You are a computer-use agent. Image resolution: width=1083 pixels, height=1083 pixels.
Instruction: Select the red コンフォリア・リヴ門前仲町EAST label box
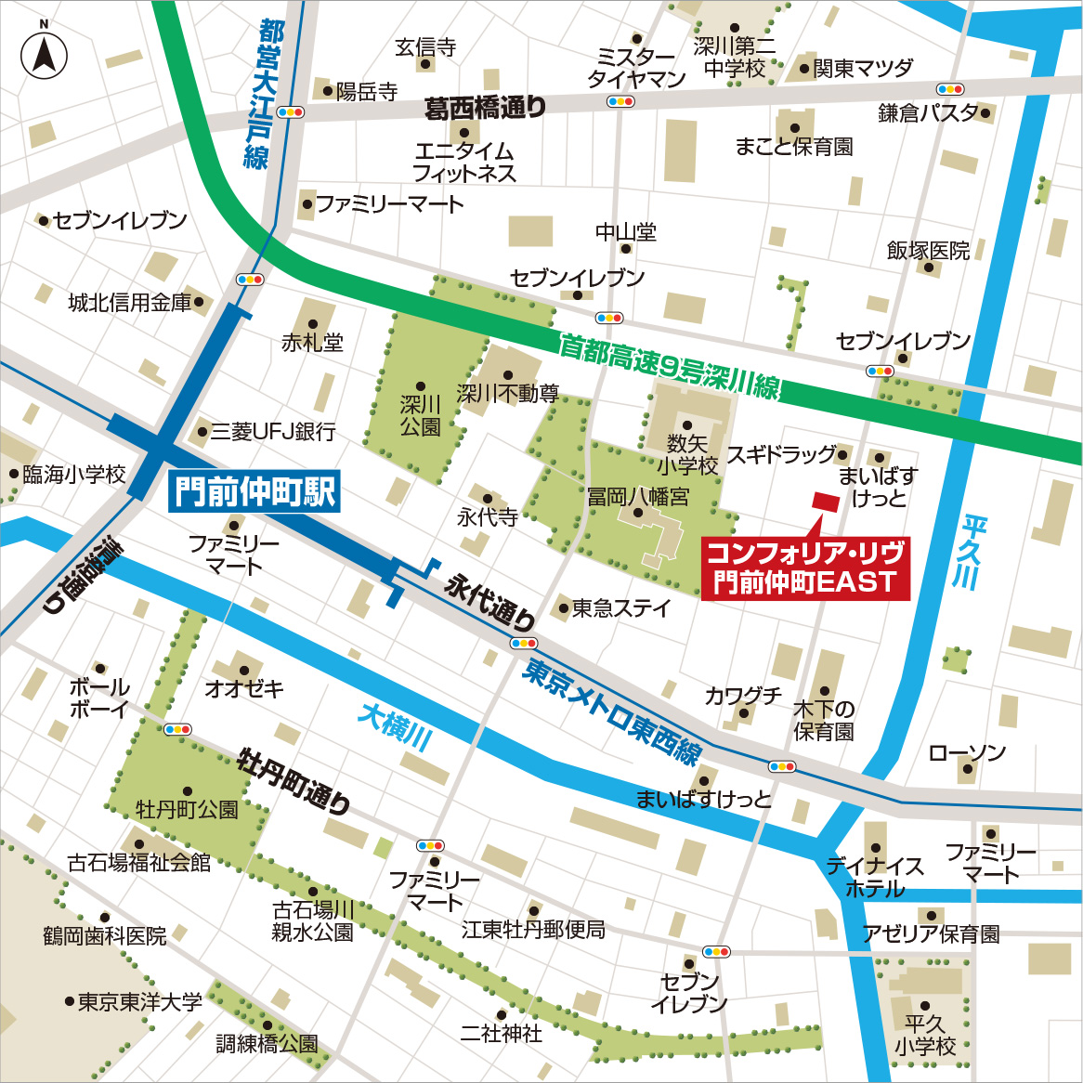pyautogui.click(x=804, y=568)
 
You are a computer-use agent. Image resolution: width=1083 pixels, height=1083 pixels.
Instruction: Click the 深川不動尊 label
pyautogui.click(x=507, y=394)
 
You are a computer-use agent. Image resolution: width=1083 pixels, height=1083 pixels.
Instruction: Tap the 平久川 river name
pyautogui.click(x=972, y=553)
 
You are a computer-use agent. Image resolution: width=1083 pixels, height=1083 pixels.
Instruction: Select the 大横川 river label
pyautogui.click(x=396, y=725)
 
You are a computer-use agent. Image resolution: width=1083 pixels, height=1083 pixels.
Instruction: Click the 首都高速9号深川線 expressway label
pyautogui.click(x=669, y=366)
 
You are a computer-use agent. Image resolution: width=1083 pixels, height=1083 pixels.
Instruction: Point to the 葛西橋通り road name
pyautogui.click(x=485, y=109)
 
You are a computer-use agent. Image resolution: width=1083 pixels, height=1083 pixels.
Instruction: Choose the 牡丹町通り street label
pyautogui.click(x=294, y=781)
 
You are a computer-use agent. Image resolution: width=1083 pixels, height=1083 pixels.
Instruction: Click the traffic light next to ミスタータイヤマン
pyautogui.click(x=620, y=101)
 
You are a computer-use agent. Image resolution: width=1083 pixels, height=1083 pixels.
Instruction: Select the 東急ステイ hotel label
pyautogui.click(x=620, y=608)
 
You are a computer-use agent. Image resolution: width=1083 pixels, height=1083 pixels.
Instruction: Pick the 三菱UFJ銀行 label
pyautogui.click(x=272, y=431)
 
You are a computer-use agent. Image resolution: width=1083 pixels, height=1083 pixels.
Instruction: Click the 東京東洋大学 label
pyautogui.click(x=139, y=1002)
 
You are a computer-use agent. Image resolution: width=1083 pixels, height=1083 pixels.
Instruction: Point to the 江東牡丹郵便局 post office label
pyautogui.click(x=533, y=929)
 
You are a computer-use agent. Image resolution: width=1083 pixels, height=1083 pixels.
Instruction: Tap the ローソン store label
pyautogui.click(x=967, y=752)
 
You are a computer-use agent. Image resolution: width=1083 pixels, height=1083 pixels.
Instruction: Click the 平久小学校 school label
pyautogui.click(x=925, y=1035)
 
